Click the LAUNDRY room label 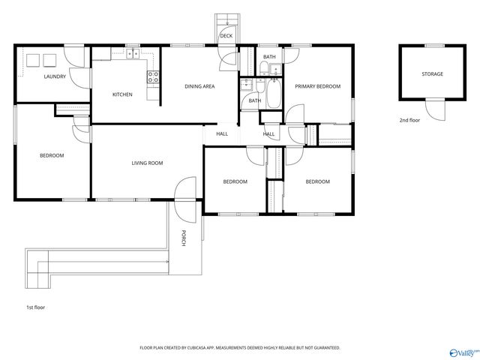pyautogui.click(x=55, y=76)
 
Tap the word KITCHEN pyautogui.click(x=122, y=94)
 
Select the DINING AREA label pyautogui.click(x=199, y=86)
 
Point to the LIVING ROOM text pyautogui.click(x=147, y=163)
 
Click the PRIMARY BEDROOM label pyautogui.click(x=317, y=86)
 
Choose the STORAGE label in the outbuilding pyautogui.click(x=431, y=73)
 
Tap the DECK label pyautogui.click(x=226, y=36)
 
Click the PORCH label pyautogui.click(x=183, y=238)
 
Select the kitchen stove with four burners pyautogui.click(x=153, y=75)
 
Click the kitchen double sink pyautogui.click(x=133, y=54)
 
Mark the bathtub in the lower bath pyautogui.click(x=271, y=96)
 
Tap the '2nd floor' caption pyautogui.click(x=409, y=120)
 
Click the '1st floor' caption pyautogui.click(x=35, y=307)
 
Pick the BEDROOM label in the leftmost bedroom pyautogui.click(x=52, y=155)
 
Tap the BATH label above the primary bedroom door pyautogui.click(x=268, y=57)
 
